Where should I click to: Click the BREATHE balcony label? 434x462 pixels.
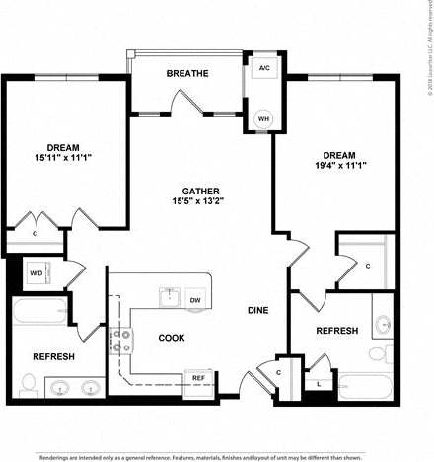coord(187,73)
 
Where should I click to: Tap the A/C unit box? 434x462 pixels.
coord(264,68)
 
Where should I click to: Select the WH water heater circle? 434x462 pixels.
coord(264,117)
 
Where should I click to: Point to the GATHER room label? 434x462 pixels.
coord(200,191)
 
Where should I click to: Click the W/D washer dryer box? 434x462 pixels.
coord(36,273)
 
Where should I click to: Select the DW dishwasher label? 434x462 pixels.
coord(195,300)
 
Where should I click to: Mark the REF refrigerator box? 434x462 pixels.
coord(198,377)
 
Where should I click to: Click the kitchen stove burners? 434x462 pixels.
coord(122,341)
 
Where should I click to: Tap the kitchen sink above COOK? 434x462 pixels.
coord(169,295)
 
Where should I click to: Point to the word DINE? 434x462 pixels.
coord(258,310)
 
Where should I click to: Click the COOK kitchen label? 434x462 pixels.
coord(172,338)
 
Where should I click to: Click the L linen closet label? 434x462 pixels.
coord(319,385)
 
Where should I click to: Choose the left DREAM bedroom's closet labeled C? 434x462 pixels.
coord(36,234)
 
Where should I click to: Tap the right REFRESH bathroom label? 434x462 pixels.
coord(336,331)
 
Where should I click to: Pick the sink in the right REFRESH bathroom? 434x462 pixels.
coord(383,323)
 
